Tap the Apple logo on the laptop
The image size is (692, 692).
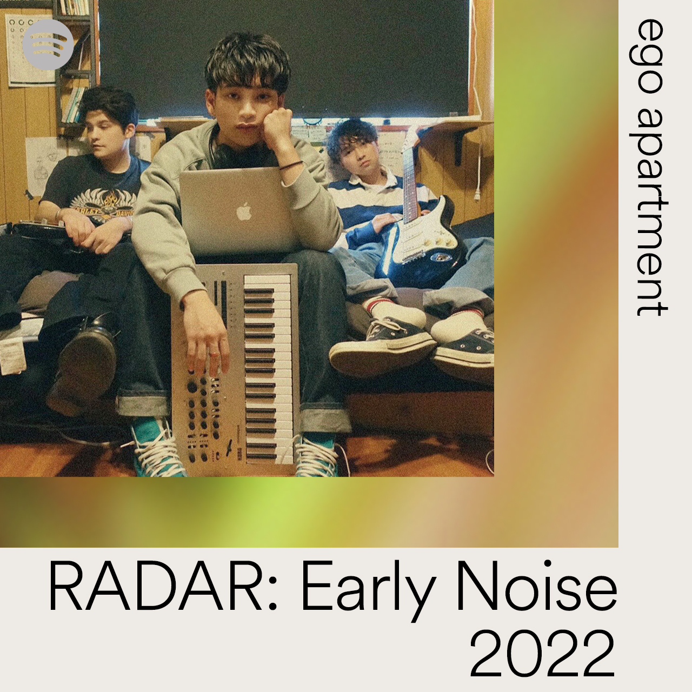tap(243, 211)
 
